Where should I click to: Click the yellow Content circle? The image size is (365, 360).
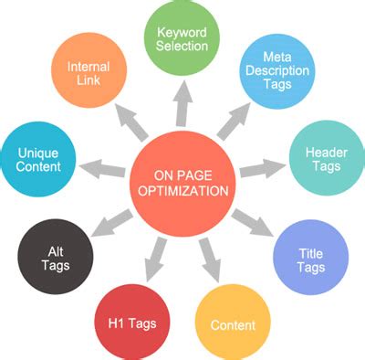[x=233, y=323]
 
